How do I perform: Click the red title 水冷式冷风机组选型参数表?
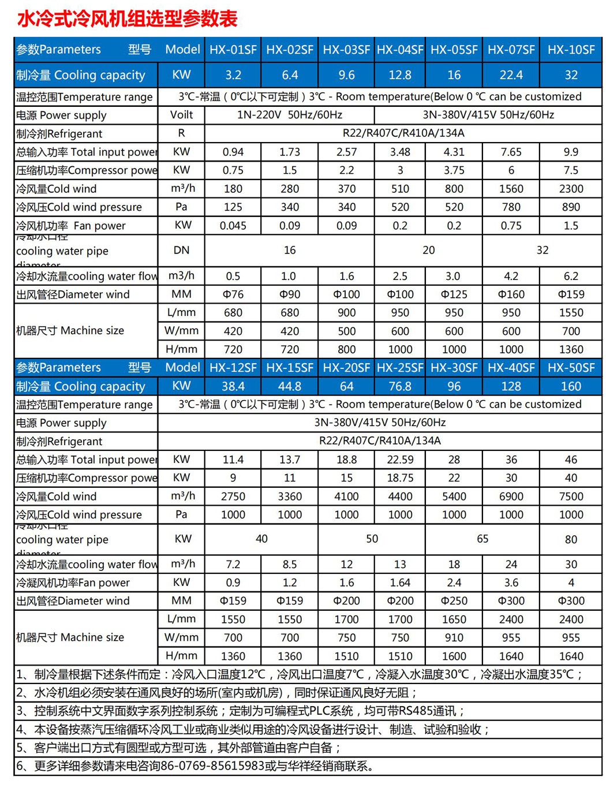coord(128,19)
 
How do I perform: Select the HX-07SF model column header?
coord(511,50)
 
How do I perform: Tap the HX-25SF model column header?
coord(399,368)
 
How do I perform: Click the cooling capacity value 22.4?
coord(511,75)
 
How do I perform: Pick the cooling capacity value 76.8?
coord(399,386)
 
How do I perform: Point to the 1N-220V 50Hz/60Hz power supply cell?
coord(289,115)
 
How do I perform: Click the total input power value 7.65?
coord(511,152)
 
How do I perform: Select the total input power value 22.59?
coord(399,460)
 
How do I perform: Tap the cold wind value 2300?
coord(570,189)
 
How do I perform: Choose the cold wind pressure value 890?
coord(570,207)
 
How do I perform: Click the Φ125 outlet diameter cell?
coord(454,294)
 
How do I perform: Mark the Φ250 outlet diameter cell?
coord(454,601)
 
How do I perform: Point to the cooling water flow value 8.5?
coord(289,564)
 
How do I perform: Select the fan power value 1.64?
coord(399,582)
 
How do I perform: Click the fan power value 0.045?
coord(233,226)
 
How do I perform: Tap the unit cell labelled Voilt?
coord(181,115)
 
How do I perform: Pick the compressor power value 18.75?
coord(399,478)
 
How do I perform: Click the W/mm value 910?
coord(454,638)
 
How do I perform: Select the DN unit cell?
coord(181,250)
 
